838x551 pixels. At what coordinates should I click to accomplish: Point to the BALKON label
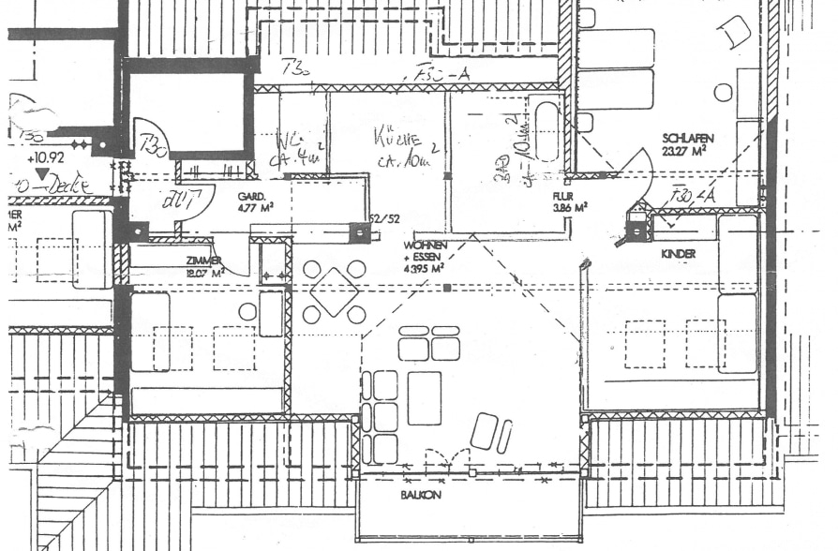tap(420, 494)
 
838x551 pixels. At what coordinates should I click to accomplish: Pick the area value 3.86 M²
tap(569, 209)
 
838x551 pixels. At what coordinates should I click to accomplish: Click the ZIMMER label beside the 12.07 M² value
tap(203, 261)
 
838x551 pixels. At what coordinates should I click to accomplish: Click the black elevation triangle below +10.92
tap(40, 174)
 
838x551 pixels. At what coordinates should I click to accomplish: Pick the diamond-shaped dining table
tap(334, 291)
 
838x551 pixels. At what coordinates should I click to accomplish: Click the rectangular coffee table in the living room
tap(424, 397)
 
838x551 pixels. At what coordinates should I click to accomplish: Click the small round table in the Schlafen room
tap(723, 92)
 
